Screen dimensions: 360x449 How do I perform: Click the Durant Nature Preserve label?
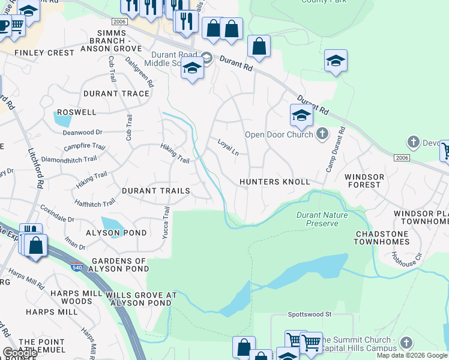click(x=317, y=219)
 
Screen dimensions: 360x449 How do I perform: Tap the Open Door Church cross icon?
click(x=322, y=134)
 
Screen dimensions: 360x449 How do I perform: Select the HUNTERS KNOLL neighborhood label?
click(x=274, y=182)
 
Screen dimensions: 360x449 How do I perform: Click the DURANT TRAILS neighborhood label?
click(x=155, y=191)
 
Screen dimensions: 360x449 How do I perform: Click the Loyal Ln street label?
click(x=228, y=147)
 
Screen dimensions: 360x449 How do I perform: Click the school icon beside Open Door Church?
click(x=301, y=115)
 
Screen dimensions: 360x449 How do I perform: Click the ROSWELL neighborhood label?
click(x=76, y=112)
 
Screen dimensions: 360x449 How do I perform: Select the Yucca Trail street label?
click(x=166, y=223)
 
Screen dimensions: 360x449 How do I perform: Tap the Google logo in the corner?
click(x=19, y=353)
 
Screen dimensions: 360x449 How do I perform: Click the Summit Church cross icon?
click(x=406, y=342)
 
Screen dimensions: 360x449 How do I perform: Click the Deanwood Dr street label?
click(x=83, y=132)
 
